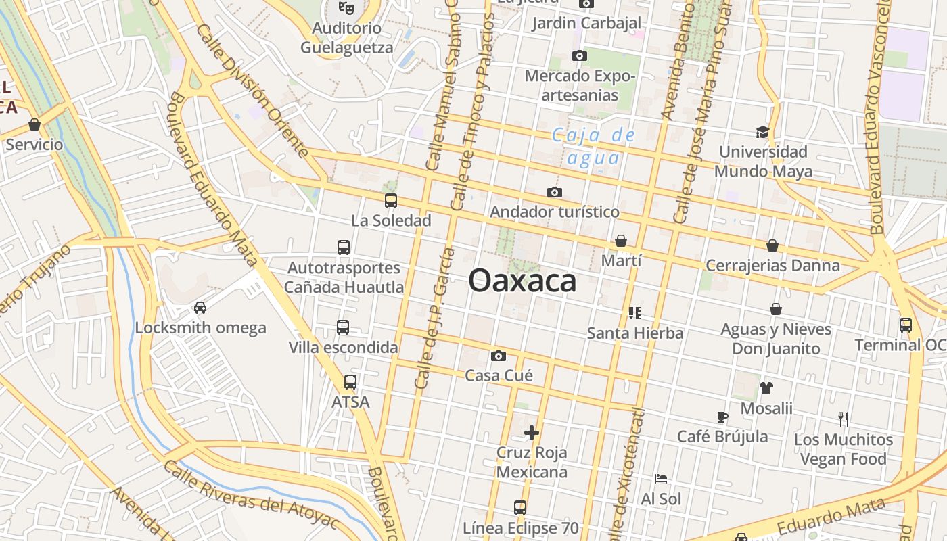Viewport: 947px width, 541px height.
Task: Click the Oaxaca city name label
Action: tap(522, 281)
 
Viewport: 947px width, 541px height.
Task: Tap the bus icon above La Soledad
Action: tap(391, 200)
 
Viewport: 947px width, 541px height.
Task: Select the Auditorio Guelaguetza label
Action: tap(346, 38)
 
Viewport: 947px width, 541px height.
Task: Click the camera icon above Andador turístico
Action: tap(555, 193)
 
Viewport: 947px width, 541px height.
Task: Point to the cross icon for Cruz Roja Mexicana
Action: tap(532, 432)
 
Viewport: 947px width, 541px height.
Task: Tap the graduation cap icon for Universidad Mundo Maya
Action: tap(763, 132)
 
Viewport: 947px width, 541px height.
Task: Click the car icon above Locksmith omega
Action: tap(200, 308)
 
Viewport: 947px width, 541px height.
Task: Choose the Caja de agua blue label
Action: tap(594, 147)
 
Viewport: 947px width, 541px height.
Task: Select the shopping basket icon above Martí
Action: tap(621, 241)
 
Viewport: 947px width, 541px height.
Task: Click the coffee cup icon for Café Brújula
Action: tap(722, 417)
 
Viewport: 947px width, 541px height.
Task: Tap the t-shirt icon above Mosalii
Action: tap(766, 388)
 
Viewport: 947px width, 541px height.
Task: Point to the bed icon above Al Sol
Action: tap(661, 479)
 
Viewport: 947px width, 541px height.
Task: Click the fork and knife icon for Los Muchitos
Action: tap(843, 419)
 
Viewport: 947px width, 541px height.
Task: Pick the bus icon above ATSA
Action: tap(350, 382)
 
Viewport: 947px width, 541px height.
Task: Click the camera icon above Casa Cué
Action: tap(499, 356)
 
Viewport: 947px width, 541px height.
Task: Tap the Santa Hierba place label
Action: tap(635, 333)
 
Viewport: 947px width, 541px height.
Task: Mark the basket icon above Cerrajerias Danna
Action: tap(772, 245)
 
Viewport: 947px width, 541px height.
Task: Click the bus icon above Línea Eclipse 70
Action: tap(520, 507)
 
